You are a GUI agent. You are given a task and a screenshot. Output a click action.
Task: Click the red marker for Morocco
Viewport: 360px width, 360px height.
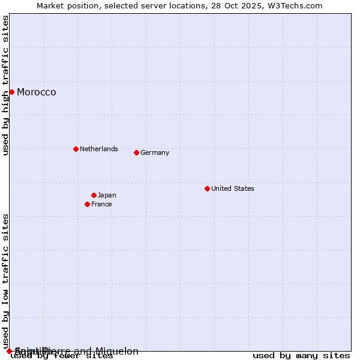tap(11, 92)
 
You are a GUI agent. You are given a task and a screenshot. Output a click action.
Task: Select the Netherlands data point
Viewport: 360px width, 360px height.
tap(76, 149)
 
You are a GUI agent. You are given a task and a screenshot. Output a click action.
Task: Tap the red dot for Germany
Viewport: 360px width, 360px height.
tap(136, 152)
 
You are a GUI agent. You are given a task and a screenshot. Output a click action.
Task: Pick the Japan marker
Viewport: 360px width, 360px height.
tap(94, 195)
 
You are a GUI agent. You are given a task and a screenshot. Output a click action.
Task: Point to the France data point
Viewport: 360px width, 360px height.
tap(87, 204)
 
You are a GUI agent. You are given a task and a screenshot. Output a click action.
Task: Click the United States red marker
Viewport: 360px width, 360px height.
tap(207, 188)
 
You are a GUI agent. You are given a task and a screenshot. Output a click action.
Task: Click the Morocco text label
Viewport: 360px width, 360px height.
tap(37, 92)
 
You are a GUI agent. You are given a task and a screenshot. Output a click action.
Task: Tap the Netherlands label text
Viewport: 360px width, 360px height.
tap(99, 149)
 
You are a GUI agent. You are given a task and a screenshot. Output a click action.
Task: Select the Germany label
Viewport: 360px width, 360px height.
tap(155, 152)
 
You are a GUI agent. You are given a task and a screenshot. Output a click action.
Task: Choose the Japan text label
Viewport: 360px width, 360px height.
tap(107, 195)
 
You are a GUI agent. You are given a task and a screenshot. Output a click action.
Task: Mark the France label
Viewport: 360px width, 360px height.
tap(101, 204)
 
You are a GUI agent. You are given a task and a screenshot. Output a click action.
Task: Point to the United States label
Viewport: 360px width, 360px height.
tap(233, 188)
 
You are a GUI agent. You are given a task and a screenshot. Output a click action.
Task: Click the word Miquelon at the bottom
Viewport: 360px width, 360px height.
tap(117, 351)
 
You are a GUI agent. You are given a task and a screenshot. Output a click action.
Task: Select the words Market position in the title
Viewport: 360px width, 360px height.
tap(65, 5)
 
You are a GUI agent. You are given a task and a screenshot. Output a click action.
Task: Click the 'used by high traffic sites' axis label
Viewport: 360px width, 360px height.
tap(5, 85)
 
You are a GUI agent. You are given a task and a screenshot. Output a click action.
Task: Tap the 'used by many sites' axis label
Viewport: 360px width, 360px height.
tap(301, 356)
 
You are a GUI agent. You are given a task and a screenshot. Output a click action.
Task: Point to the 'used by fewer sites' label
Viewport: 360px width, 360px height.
tap(62, 356)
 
